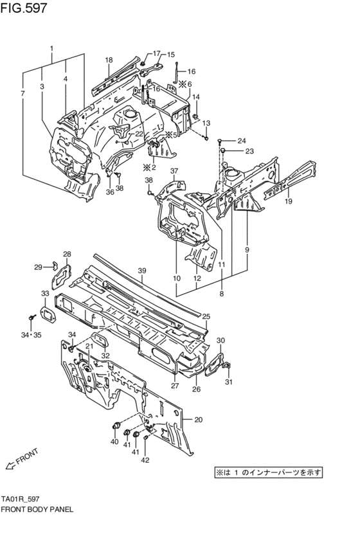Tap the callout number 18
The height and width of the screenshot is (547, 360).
click(x=109, y=60)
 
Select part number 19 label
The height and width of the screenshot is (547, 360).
click(x=289, y=201)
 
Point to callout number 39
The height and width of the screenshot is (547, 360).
click(x=143, y=271)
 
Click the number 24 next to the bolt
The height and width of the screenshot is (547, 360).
click(x=241, y=141)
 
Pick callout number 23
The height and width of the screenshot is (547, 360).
click(x=241, y=152)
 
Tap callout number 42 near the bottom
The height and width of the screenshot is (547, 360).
click(x=145, y=459)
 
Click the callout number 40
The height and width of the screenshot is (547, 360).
click(x=114, y=442)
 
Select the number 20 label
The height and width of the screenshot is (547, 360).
click(x=198, y=420)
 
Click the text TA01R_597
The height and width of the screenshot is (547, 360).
click(x=22, y=498)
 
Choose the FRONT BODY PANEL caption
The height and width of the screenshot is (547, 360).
click(x=37, y=508)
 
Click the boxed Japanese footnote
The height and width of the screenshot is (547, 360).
click(x=268, y=472)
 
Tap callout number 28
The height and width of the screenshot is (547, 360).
click(x=66, y=254)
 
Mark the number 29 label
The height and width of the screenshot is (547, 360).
click(x=38, y=267)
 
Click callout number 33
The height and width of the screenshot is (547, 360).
click(x=44, y=293)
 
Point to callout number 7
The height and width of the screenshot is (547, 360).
click(x=22, y=94)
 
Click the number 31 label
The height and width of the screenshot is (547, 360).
click(x=229, y=383)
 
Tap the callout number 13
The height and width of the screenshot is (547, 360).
click(x=206, y=123)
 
